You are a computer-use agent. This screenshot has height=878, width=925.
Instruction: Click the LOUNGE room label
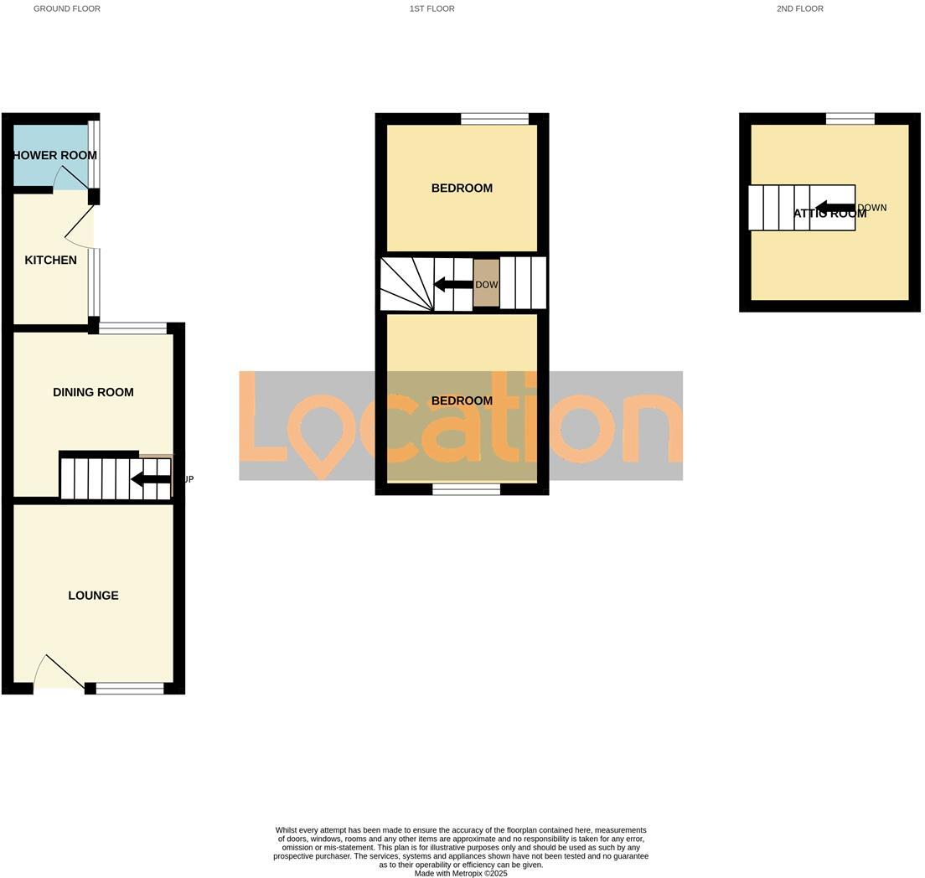pos(93,596)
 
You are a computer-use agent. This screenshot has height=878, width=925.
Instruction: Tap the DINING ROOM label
pos(93,392)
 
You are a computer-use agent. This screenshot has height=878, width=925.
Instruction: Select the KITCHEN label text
pos(50,261)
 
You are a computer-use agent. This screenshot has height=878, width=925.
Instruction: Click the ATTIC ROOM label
pos(829,214)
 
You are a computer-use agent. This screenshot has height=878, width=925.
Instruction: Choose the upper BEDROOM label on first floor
pos(462,189)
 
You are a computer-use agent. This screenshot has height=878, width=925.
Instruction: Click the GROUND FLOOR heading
pos(67,8)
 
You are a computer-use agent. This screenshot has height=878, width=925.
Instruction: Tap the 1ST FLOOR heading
pos(432,8)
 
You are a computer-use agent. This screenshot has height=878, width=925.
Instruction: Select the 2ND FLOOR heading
pos(800,8)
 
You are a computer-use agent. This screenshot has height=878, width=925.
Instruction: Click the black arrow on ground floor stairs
pos(150,479)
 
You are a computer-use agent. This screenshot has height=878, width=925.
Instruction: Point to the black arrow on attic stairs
pos(835,208)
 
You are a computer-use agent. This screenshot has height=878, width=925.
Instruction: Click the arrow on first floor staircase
pos(452,285)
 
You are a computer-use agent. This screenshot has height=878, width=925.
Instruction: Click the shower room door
pos(71,176)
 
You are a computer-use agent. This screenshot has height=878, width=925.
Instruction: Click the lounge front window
pos(130,689)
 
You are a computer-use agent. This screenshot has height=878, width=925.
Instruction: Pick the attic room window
pos(850,119)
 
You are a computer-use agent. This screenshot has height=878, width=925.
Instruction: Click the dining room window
pos(132,328)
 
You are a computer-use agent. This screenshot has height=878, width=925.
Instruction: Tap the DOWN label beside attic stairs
pos(872,208)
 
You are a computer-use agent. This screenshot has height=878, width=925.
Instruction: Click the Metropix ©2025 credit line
pos(461,873)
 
